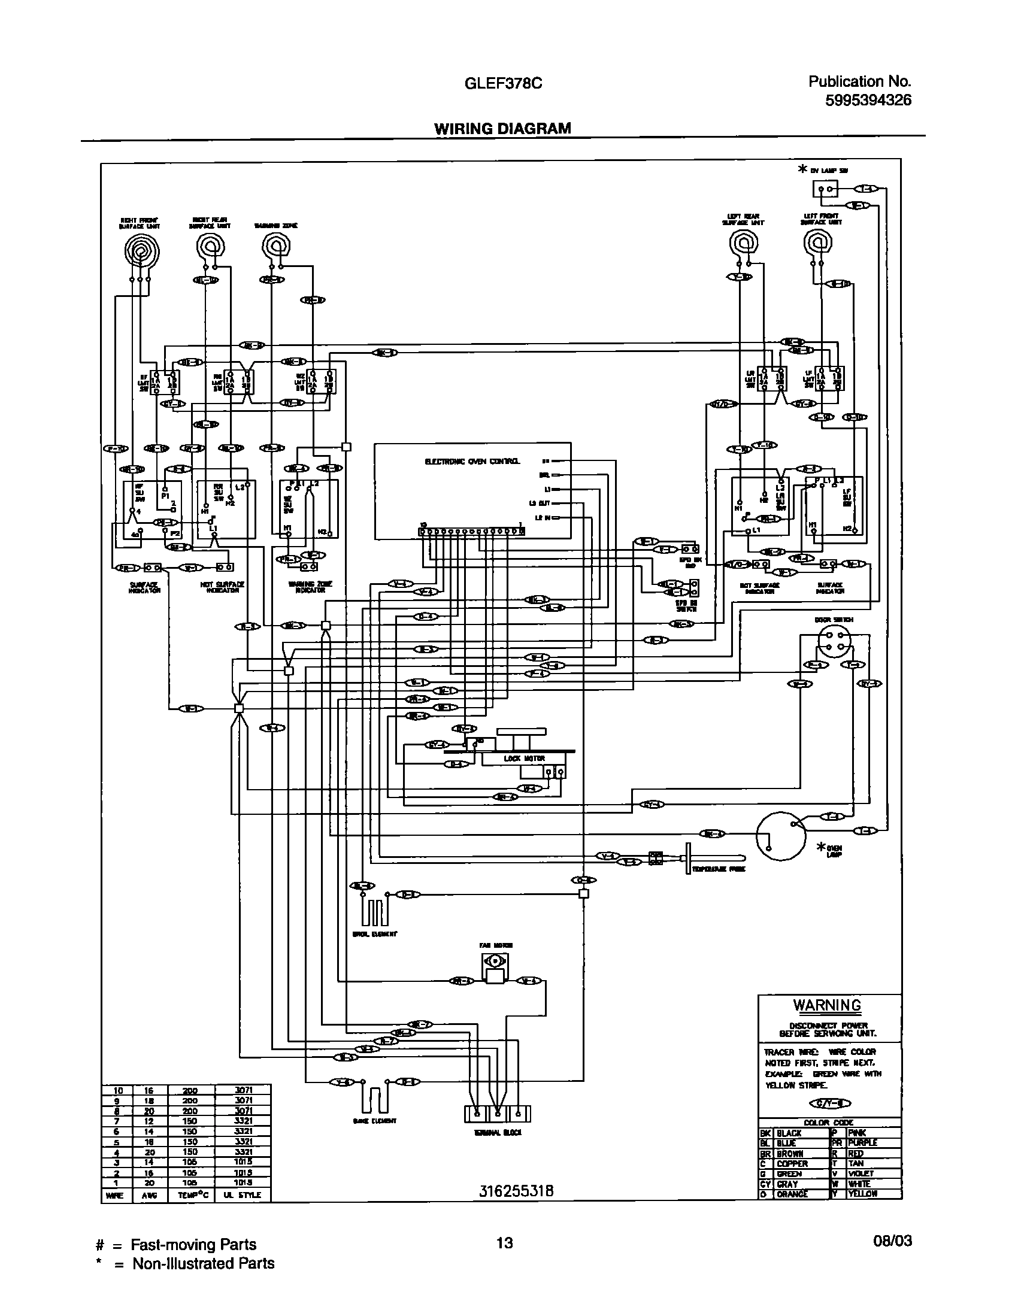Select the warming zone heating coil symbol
[x=275, y=245]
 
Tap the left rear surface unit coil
[x=743, y=244]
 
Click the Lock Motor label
[x=516, y=758]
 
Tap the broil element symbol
[x=374, y=912]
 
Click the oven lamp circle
[x=781, y=836]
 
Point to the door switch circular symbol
[x=833, y=644]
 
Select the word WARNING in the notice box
[x=827, y=1005]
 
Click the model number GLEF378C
[x=504, y=84]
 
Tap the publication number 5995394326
[x=868, y=100]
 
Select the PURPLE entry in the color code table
[x=862, y=1143]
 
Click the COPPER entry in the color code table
[x=792, y=1163]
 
